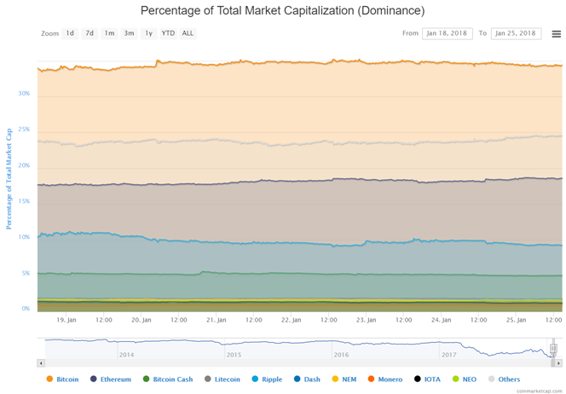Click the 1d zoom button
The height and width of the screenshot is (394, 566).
pyautogui.click(x=70, y=33)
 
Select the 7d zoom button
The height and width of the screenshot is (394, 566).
pyautogui.click(x=90, y=33)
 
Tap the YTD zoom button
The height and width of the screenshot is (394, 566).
pyautogui.click(x=168, y=33)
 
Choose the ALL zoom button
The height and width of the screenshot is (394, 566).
pyautogui.click(x=188, y=33)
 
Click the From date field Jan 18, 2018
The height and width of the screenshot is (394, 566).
pyautogui.click(x=448, y=33)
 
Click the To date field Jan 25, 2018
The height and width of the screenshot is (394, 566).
pyautogui.click(x=517, y=33)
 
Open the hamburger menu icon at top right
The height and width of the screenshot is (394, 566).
pyautogui.click(x=556, y=34)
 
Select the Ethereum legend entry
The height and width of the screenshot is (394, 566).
pyautogui.click(x=115, y=379)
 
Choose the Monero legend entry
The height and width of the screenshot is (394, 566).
pyautogui.click(x=390, y=379)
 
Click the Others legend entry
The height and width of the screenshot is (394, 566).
pyautogui.click(x=508, y=379)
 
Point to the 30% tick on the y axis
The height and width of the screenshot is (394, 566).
pyautogui.click(x=25, y=94)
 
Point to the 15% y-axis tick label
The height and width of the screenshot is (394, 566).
pyautogui.click(x=25, y=201)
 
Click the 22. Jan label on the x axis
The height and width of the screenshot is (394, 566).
pyautogui.click(x=292, y=320)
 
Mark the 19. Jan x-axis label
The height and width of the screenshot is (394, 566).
pyautogui.click(x=67, y=320)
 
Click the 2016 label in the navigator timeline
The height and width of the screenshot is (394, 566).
pyautogui.click(x=341, y=354)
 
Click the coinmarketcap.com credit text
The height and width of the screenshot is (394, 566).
pyautogui.click(x=541, y=388)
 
